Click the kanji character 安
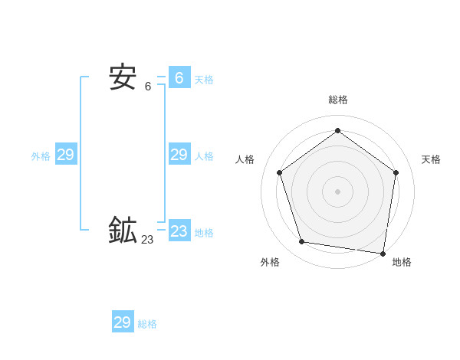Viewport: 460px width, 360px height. (123, 77)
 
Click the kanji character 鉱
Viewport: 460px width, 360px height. (123, 231)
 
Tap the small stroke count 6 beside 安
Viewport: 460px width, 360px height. (148, 87)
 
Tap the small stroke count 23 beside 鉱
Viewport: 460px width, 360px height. (147, 240)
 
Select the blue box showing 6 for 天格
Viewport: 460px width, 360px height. (179, 77)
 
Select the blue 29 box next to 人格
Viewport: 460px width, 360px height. (179, 155)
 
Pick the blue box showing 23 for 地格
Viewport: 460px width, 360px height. (179, 231)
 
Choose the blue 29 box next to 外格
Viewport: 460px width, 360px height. (66, 155)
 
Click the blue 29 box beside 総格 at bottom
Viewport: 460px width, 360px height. (123, 322)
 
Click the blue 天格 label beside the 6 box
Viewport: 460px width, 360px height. (204, 79)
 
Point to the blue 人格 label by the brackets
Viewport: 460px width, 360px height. (204, 156)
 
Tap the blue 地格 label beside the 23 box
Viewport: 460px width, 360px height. (204, 233)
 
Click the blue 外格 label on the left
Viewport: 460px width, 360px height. (41, 156)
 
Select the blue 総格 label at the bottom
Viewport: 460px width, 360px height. (147, 324)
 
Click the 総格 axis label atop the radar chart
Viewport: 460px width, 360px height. (337, 100)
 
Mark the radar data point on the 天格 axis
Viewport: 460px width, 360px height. (396, 172)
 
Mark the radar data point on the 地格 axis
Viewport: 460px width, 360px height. (383, 253)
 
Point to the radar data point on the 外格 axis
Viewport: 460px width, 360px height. (302, 242)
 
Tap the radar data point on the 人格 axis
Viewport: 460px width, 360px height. (280, 172)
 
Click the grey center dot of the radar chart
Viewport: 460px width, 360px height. (337, 191)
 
